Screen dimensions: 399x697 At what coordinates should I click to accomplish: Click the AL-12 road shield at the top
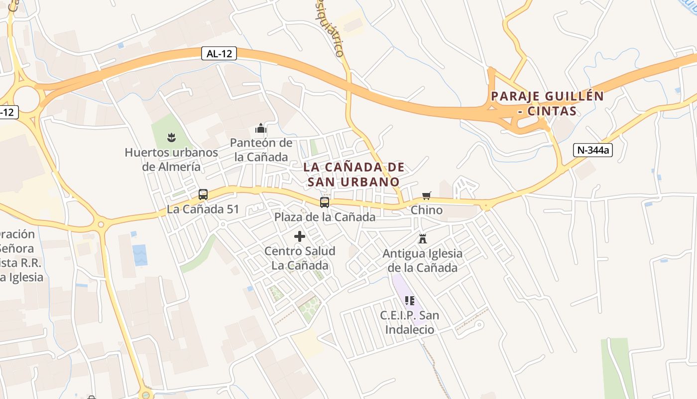[x=219, y=54]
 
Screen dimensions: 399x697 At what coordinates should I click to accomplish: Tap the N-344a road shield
[x=592, y=150]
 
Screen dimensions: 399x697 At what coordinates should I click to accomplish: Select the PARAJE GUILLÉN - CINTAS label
[x=547, y=103]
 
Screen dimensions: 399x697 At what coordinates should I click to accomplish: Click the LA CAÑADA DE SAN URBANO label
[x=353, y=175]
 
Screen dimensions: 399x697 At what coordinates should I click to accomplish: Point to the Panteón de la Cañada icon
[x=261, y=129]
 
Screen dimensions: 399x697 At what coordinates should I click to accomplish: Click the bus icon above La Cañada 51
[x=203, y=195]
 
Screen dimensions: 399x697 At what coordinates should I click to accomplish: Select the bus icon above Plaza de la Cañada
[x=325, y=202]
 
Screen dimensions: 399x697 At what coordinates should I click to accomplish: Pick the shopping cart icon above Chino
[x=426, y=196]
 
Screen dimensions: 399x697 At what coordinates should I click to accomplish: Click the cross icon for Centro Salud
[x=300, y=236]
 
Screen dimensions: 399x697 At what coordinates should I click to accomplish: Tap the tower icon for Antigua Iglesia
[x=423, y=239]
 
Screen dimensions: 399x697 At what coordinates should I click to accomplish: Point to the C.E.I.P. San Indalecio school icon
[x=410, y=300]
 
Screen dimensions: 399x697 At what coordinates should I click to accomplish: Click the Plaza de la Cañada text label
[x=325, y=217]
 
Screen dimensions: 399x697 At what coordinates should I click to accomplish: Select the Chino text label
[x=426, y=210]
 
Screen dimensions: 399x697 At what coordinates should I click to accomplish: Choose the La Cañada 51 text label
[x=203, y=209]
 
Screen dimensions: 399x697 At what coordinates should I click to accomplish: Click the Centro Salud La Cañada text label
[x=300, y=258]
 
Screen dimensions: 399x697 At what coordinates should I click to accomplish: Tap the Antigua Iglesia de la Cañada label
[x=422, y=261]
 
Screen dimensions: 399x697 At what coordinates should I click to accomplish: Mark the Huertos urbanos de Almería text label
[x=171, y=160]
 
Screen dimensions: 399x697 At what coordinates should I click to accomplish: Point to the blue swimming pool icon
[x=140, y=255]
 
